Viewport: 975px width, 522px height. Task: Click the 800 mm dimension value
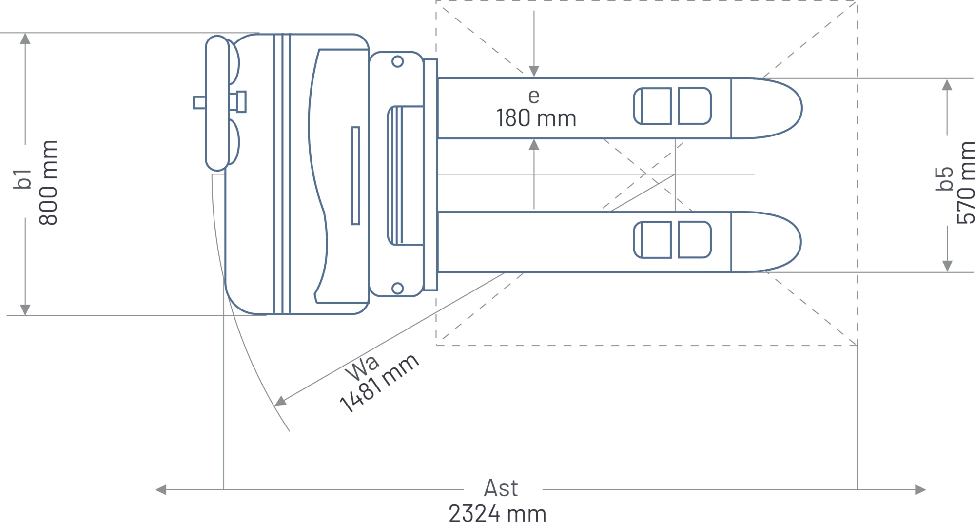tap(48, 183)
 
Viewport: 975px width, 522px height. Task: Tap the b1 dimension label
tap(22, 179)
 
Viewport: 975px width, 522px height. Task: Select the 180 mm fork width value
tap(536, 118)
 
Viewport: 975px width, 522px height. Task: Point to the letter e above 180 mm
tap(534, 96)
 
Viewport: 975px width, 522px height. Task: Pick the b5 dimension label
tap(944, 178)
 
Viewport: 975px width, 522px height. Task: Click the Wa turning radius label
tap(362, 368)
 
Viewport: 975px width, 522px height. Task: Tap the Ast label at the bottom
tap(501, 488)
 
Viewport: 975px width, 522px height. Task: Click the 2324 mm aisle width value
tap(497, 514)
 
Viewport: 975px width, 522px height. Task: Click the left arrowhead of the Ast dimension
tap(161, 490)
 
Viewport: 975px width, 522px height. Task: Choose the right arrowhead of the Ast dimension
tap(920, 490)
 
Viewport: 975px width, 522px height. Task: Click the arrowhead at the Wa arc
tap(280, 402)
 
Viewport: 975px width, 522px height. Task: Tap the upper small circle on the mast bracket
tap(397, 61)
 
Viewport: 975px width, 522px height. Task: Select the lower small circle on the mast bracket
tap(397, 288)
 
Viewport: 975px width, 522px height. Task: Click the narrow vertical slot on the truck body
tap(355, 175)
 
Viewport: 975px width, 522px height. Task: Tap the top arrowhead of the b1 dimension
tap(25, 39)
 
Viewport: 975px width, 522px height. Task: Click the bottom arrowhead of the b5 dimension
tap(947, 266)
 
